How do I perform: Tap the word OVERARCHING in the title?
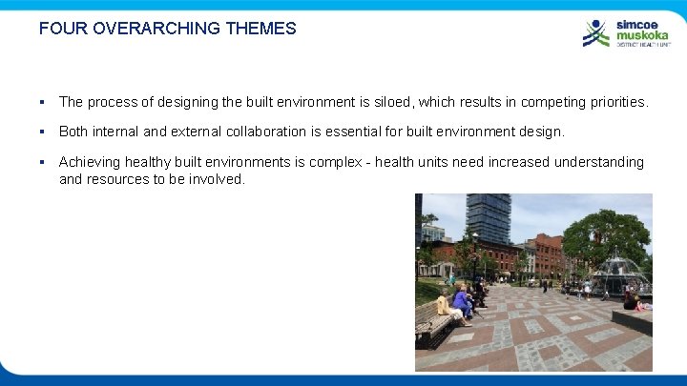pyautogui.click(x=155, y=29)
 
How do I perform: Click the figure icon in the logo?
pyautogui.click(x=596, y=33)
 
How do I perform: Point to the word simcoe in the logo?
pyautogui.click(x=635, y=25)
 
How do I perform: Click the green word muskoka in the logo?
pyautogui.click(x=640, y=35)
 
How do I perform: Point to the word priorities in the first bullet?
pyautogui.click(x=614, y=101)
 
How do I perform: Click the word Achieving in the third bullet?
pyautogui.click(x=92, y=162)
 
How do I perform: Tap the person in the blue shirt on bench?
pyautogui.click(x=462, y=304)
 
